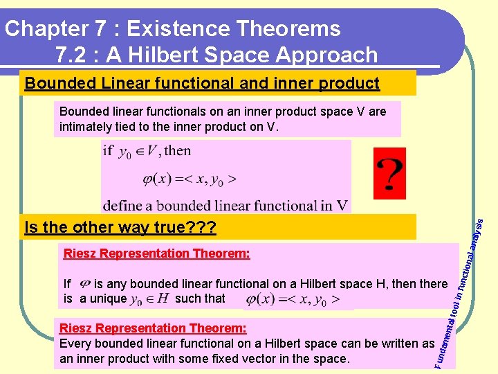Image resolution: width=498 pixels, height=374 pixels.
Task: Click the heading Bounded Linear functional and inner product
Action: click(202, 84)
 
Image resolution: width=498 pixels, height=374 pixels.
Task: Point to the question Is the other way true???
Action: click(120, 227)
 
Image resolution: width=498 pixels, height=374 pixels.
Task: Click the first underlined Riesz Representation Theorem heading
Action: click(156, 253)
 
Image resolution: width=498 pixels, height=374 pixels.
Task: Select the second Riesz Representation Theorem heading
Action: click(154, 328)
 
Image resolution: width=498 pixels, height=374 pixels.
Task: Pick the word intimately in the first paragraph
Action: click(89, 126)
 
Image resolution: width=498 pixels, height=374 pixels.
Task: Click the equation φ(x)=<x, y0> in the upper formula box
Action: click(170, 179)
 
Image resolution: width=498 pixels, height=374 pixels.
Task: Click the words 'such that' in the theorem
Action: click(200, 299)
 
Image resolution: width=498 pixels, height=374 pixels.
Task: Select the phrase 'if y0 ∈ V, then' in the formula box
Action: click(147, 151)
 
